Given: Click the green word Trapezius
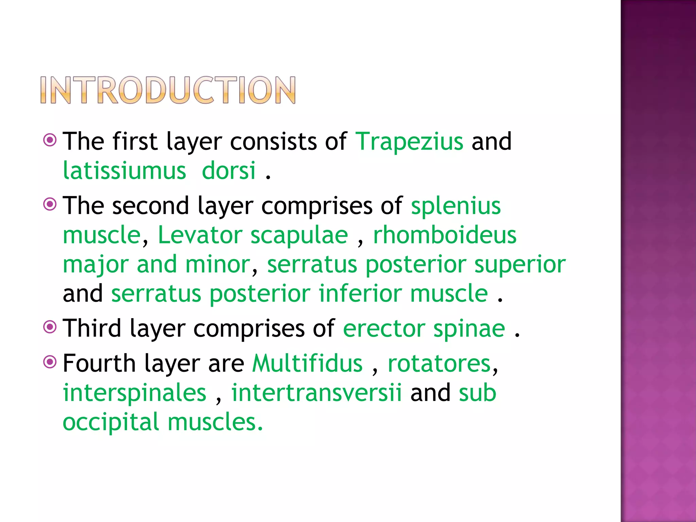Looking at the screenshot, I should [409, 141].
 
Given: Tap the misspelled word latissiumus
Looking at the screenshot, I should [124, 171].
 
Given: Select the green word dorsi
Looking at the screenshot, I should [228, 171].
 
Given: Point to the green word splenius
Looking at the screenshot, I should [456, 206].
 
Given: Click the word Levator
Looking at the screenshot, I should [200, 235].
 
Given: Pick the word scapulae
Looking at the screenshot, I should [299, 235].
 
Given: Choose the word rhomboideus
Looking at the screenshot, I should [445, 235].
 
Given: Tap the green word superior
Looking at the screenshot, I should [520, 264].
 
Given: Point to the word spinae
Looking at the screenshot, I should [469, 329].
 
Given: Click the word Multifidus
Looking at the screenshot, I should [307, 364].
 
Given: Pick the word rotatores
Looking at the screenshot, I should [439, 364].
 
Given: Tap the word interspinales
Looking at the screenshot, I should [135, 393].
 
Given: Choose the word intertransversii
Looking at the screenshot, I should [316, 393].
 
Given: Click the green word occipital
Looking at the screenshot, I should [111, 422].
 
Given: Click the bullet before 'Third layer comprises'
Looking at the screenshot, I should [50, 327].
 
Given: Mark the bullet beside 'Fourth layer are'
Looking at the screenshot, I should [50, 362].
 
